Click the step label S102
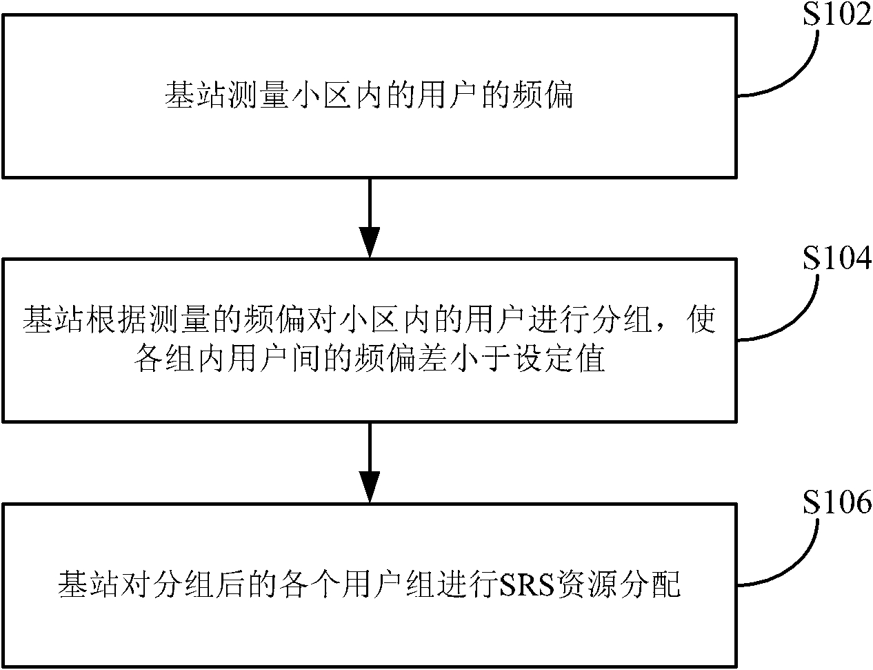pyautogui.click(x=837, y=15)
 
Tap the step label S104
pyautogui.click(x=837, y=258)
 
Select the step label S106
pyautogui.click(x=837, y=502)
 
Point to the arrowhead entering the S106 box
pyautogui.click(x=369, y=487)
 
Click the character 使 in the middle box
pyautogui.click(x=702, y=319)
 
